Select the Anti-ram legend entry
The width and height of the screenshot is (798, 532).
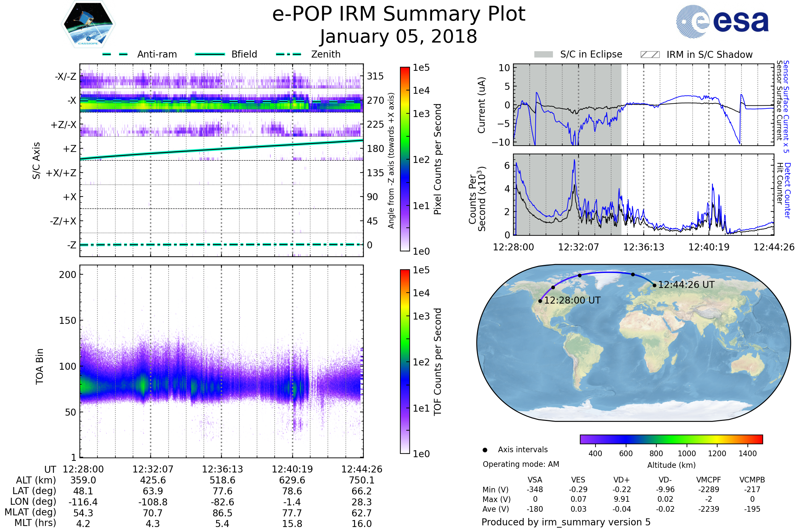(140, 54)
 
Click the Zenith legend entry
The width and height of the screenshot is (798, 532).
(308, 54)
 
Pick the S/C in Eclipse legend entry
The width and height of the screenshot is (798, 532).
(578, 54)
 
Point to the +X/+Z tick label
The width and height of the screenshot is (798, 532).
(61, 173)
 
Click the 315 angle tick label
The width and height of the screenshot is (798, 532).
(375, 76)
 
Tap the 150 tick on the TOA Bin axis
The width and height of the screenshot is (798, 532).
(67, 321)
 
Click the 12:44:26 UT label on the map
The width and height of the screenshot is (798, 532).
(686, 285)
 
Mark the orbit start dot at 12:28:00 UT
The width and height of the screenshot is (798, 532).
(540, 301)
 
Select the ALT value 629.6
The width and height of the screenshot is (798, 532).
(292, 480)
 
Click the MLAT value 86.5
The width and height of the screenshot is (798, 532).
(222, 513)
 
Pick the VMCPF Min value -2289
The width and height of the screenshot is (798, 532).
(709, 489)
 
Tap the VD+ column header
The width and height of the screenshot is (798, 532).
(621, 480)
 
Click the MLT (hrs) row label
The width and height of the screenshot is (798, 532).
(35, 523)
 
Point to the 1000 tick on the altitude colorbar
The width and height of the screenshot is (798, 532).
(687, 454)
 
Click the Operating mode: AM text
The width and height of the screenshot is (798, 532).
(521, 464)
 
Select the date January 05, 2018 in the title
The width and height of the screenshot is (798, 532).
(399, 37)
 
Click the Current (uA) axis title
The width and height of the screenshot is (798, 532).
(481, 105)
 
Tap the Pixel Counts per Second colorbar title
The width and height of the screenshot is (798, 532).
(438, 159)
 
